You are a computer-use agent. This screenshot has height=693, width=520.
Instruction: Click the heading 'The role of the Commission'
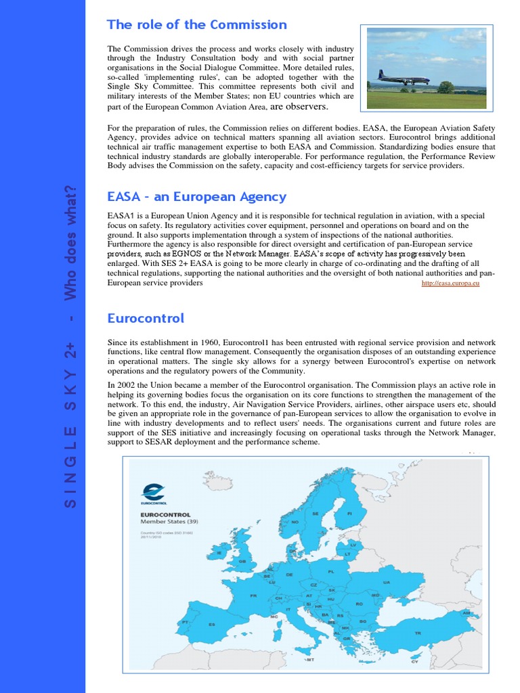197,25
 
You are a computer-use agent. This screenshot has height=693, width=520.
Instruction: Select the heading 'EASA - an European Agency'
197,197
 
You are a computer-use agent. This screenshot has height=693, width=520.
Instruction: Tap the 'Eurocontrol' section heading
146,318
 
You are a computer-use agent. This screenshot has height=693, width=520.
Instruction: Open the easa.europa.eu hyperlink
450,283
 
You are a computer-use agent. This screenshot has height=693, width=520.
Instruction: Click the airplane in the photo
404,79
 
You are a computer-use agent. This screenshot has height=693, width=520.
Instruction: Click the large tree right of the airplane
446,87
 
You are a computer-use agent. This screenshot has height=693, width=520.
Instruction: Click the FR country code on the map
254,596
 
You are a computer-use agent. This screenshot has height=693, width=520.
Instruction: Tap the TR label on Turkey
418,633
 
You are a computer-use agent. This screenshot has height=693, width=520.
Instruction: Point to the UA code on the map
387,582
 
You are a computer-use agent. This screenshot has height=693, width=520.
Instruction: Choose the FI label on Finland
349,514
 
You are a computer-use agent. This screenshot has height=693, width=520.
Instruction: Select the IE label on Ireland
219,553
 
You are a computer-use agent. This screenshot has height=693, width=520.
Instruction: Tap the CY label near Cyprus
415,662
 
